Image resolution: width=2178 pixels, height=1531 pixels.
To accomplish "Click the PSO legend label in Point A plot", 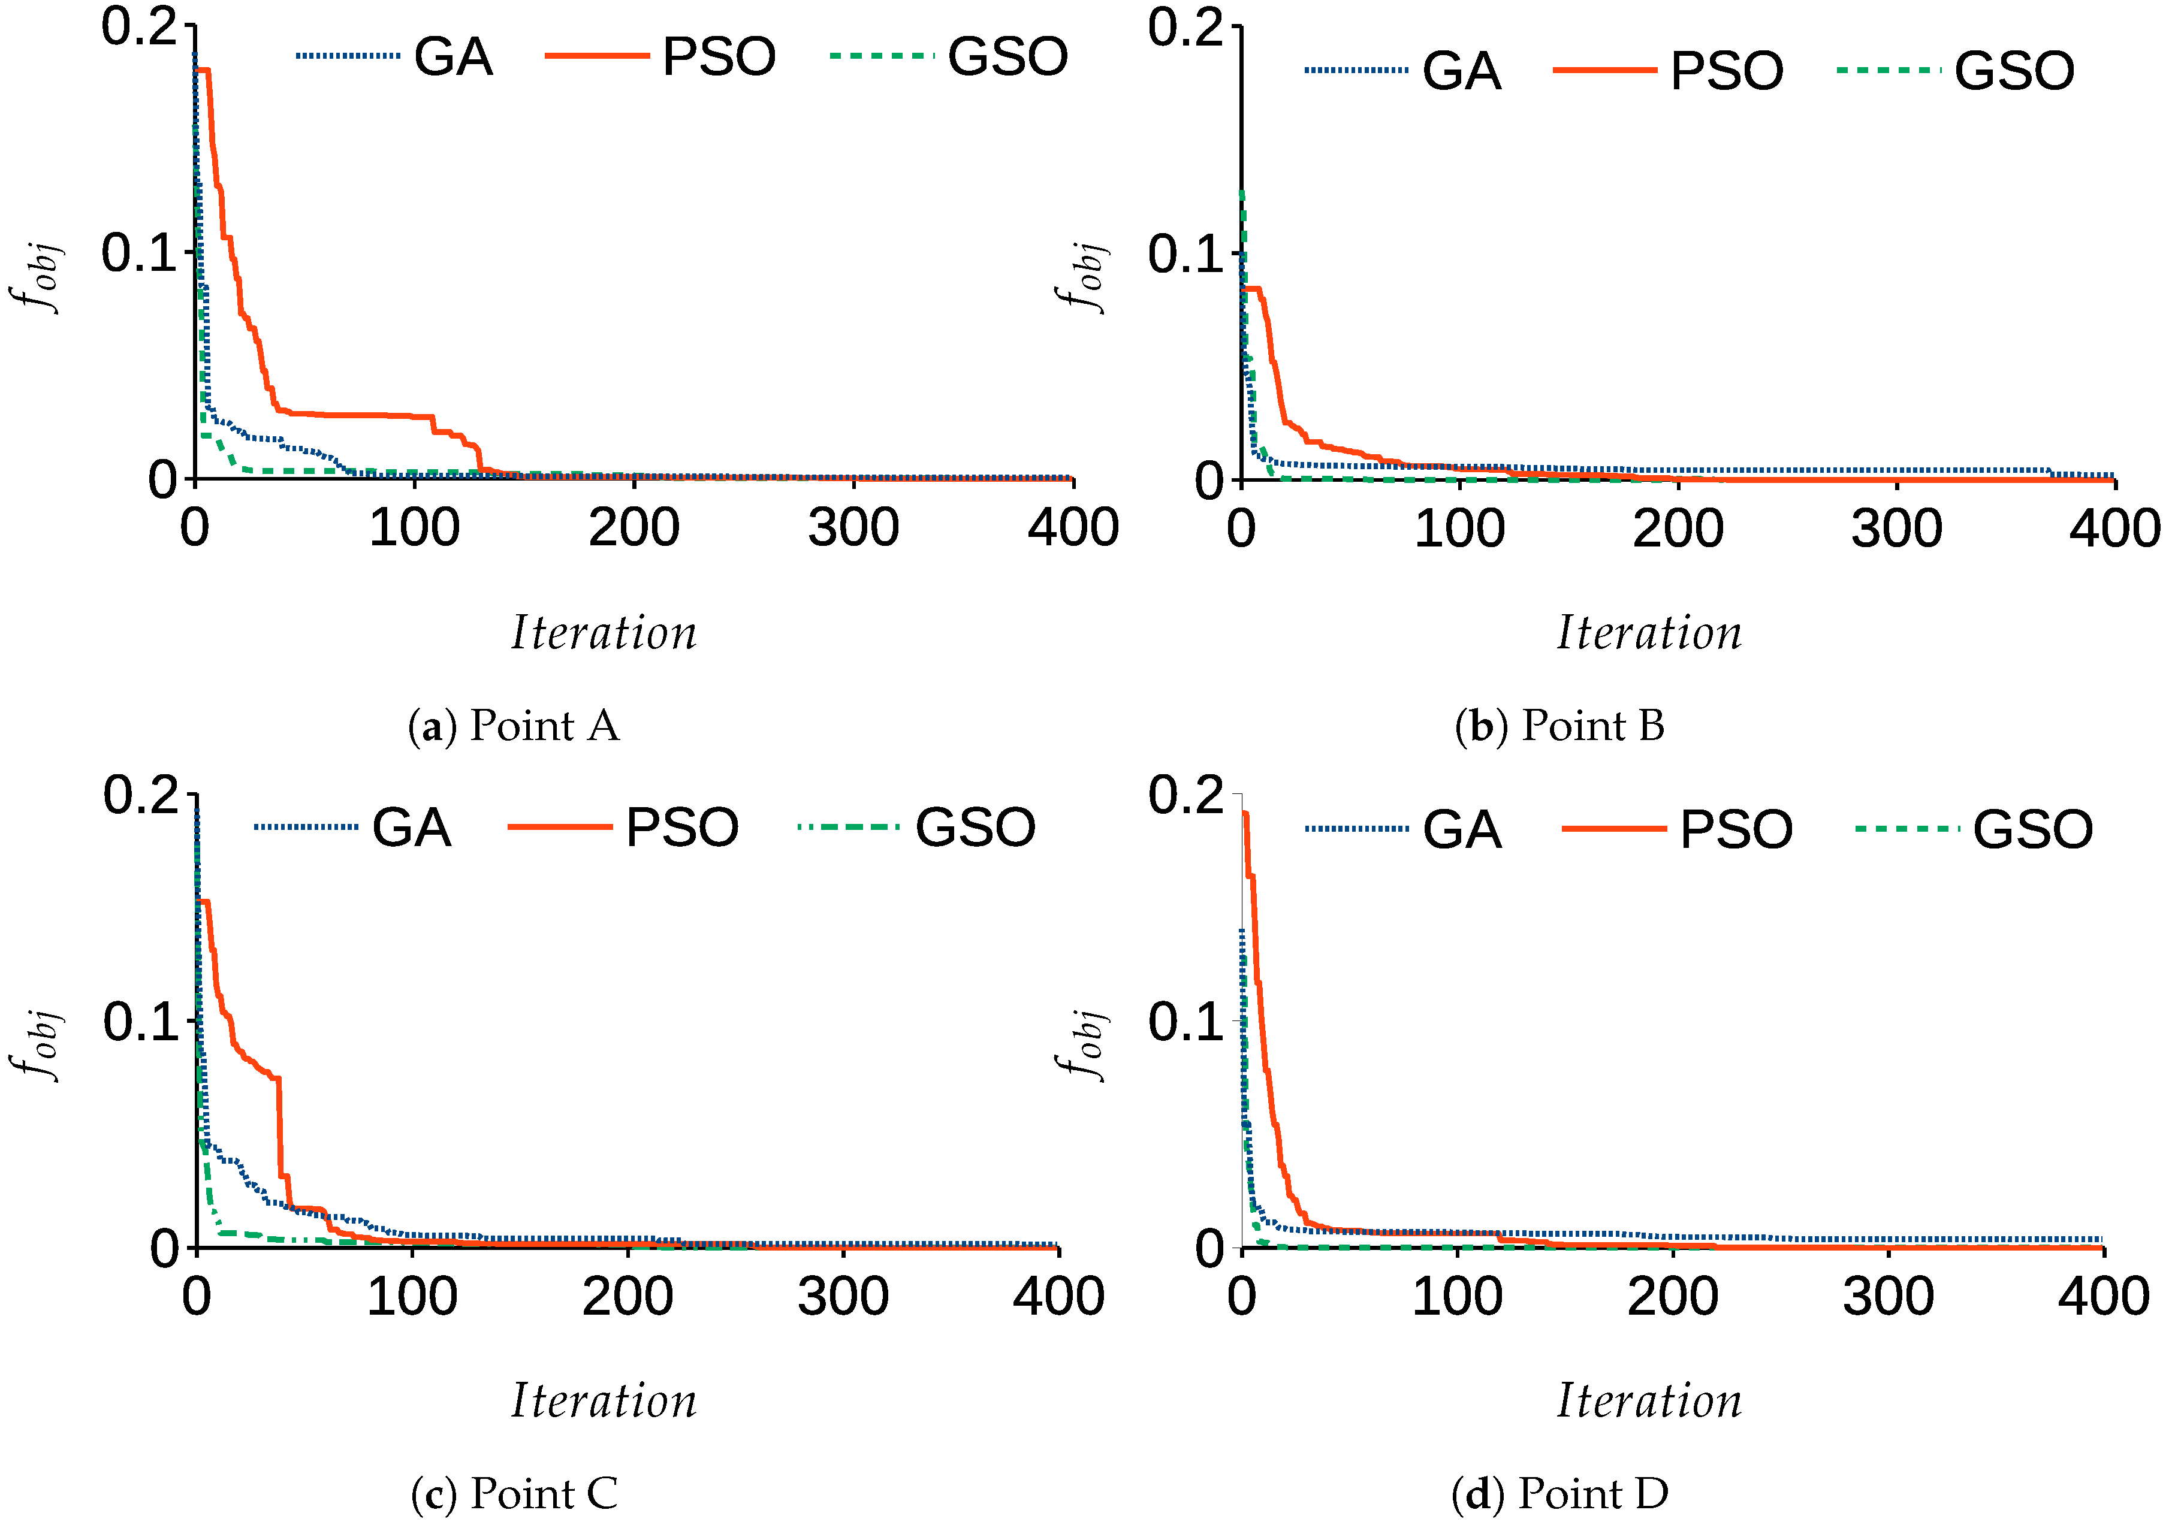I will [x=718, y=57].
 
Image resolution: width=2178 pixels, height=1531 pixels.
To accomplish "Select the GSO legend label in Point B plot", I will [x=2014, y=71].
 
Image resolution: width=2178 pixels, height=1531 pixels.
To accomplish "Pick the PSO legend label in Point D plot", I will [x=1735, y=830].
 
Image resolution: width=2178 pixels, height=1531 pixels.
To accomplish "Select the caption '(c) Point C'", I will [x=513, y=1494].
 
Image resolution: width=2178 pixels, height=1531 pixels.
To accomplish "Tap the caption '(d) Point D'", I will [x=1558, y=1494].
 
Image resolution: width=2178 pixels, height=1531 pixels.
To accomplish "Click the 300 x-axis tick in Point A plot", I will [x=853, y=529].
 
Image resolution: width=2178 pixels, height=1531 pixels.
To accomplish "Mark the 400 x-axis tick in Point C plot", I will [x=1058, y=1297].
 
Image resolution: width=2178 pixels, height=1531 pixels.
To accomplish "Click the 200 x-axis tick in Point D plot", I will [x=1672, y=1297].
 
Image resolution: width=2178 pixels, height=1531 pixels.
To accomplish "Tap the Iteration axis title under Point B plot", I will [x=1649, y=633].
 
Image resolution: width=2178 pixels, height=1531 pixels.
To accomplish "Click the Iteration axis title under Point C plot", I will [x=604, y=1401].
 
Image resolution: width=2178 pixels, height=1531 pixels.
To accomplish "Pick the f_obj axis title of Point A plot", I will [x=38, y=275].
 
